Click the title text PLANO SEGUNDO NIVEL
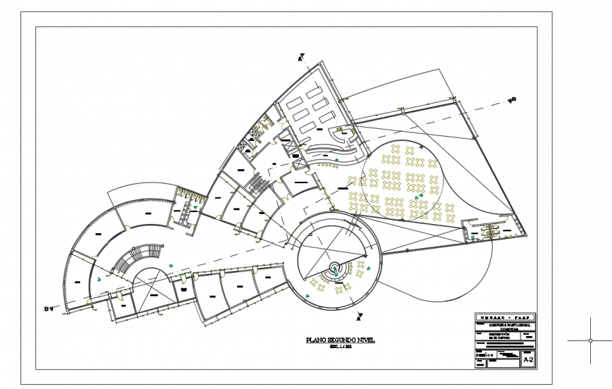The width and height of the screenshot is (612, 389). tap(340, 340)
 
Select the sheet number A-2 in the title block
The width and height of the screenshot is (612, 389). tap(528, 359)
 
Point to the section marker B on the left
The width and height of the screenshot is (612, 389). tap(49, 309)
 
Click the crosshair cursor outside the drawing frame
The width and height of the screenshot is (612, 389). tap(589, 340)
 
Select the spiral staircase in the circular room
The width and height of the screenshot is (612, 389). tap(335, 268)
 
